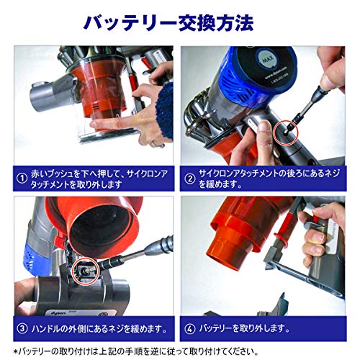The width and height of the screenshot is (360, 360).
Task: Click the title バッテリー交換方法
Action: point(168,23)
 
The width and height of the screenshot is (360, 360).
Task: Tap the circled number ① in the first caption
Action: point(22,179)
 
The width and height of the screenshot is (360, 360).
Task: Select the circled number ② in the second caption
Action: point(190,179)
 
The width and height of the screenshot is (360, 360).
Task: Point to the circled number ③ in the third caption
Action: point(22,328)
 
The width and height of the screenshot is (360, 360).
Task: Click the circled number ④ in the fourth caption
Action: point(190,329)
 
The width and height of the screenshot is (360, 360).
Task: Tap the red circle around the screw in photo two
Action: point(286,132)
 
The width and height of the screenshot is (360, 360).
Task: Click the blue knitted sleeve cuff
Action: point(165,111)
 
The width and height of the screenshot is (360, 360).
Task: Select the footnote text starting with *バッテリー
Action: point(136,351)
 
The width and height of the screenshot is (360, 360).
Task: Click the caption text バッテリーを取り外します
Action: point(244,328)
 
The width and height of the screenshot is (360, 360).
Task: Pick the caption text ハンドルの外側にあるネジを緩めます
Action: point(99,328)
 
